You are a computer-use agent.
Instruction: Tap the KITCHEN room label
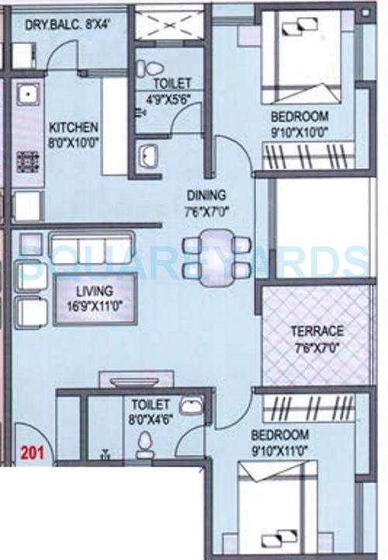click(74, 127)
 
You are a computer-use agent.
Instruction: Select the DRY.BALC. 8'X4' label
click(64, 24)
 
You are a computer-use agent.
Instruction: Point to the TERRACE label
click(317, 331)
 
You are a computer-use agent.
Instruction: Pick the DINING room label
click(206, 195)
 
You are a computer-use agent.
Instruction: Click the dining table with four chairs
click(217, 257)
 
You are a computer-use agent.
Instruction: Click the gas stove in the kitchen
click(29, 161)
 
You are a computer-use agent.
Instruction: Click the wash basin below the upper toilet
click(149, 158)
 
